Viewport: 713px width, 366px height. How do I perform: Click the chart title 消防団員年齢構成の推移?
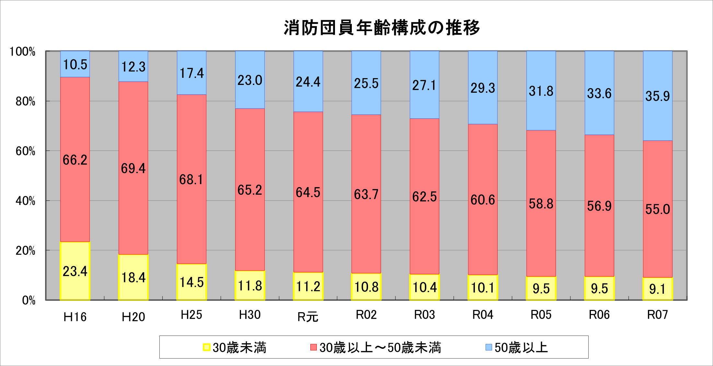coord(381,28)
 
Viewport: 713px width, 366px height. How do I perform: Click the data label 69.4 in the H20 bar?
coord(133,169)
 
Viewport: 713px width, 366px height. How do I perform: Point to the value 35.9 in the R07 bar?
coord(657,96)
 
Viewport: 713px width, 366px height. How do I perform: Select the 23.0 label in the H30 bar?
coord(249,80)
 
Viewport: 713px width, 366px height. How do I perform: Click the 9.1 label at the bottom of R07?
coord(657,289)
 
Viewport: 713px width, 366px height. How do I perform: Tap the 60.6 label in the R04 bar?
coord(483,200)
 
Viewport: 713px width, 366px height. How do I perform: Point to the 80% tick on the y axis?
coord(25,101)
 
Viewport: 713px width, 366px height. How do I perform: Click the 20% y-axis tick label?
coord(25,251)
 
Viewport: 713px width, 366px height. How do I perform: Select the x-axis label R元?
coord(308,317)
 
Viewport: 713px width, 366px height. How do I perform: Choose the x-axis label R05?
coord(541,315)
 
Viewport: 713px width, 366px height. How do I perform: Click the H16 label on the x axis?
coord(75,317)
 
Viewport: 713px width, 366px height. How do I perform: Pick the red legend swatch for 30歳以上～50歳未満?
coord(313,348)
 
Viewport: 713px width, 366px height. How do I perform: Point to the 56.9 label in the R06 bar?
coord(599,206)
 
